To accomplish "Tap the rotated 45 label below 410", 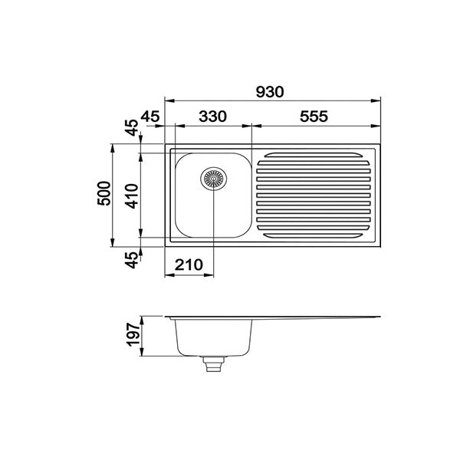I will [131, 261].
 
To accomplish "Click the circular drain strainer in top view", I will [214, 179].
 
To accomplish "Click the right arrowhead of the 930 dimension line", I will [378, 100].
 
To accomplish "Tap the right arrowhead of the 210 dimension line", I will [211, 274].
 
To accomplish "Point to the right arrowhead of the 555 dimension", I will [378, 125].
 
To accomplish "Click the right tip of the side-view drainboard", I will [379, 317].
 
